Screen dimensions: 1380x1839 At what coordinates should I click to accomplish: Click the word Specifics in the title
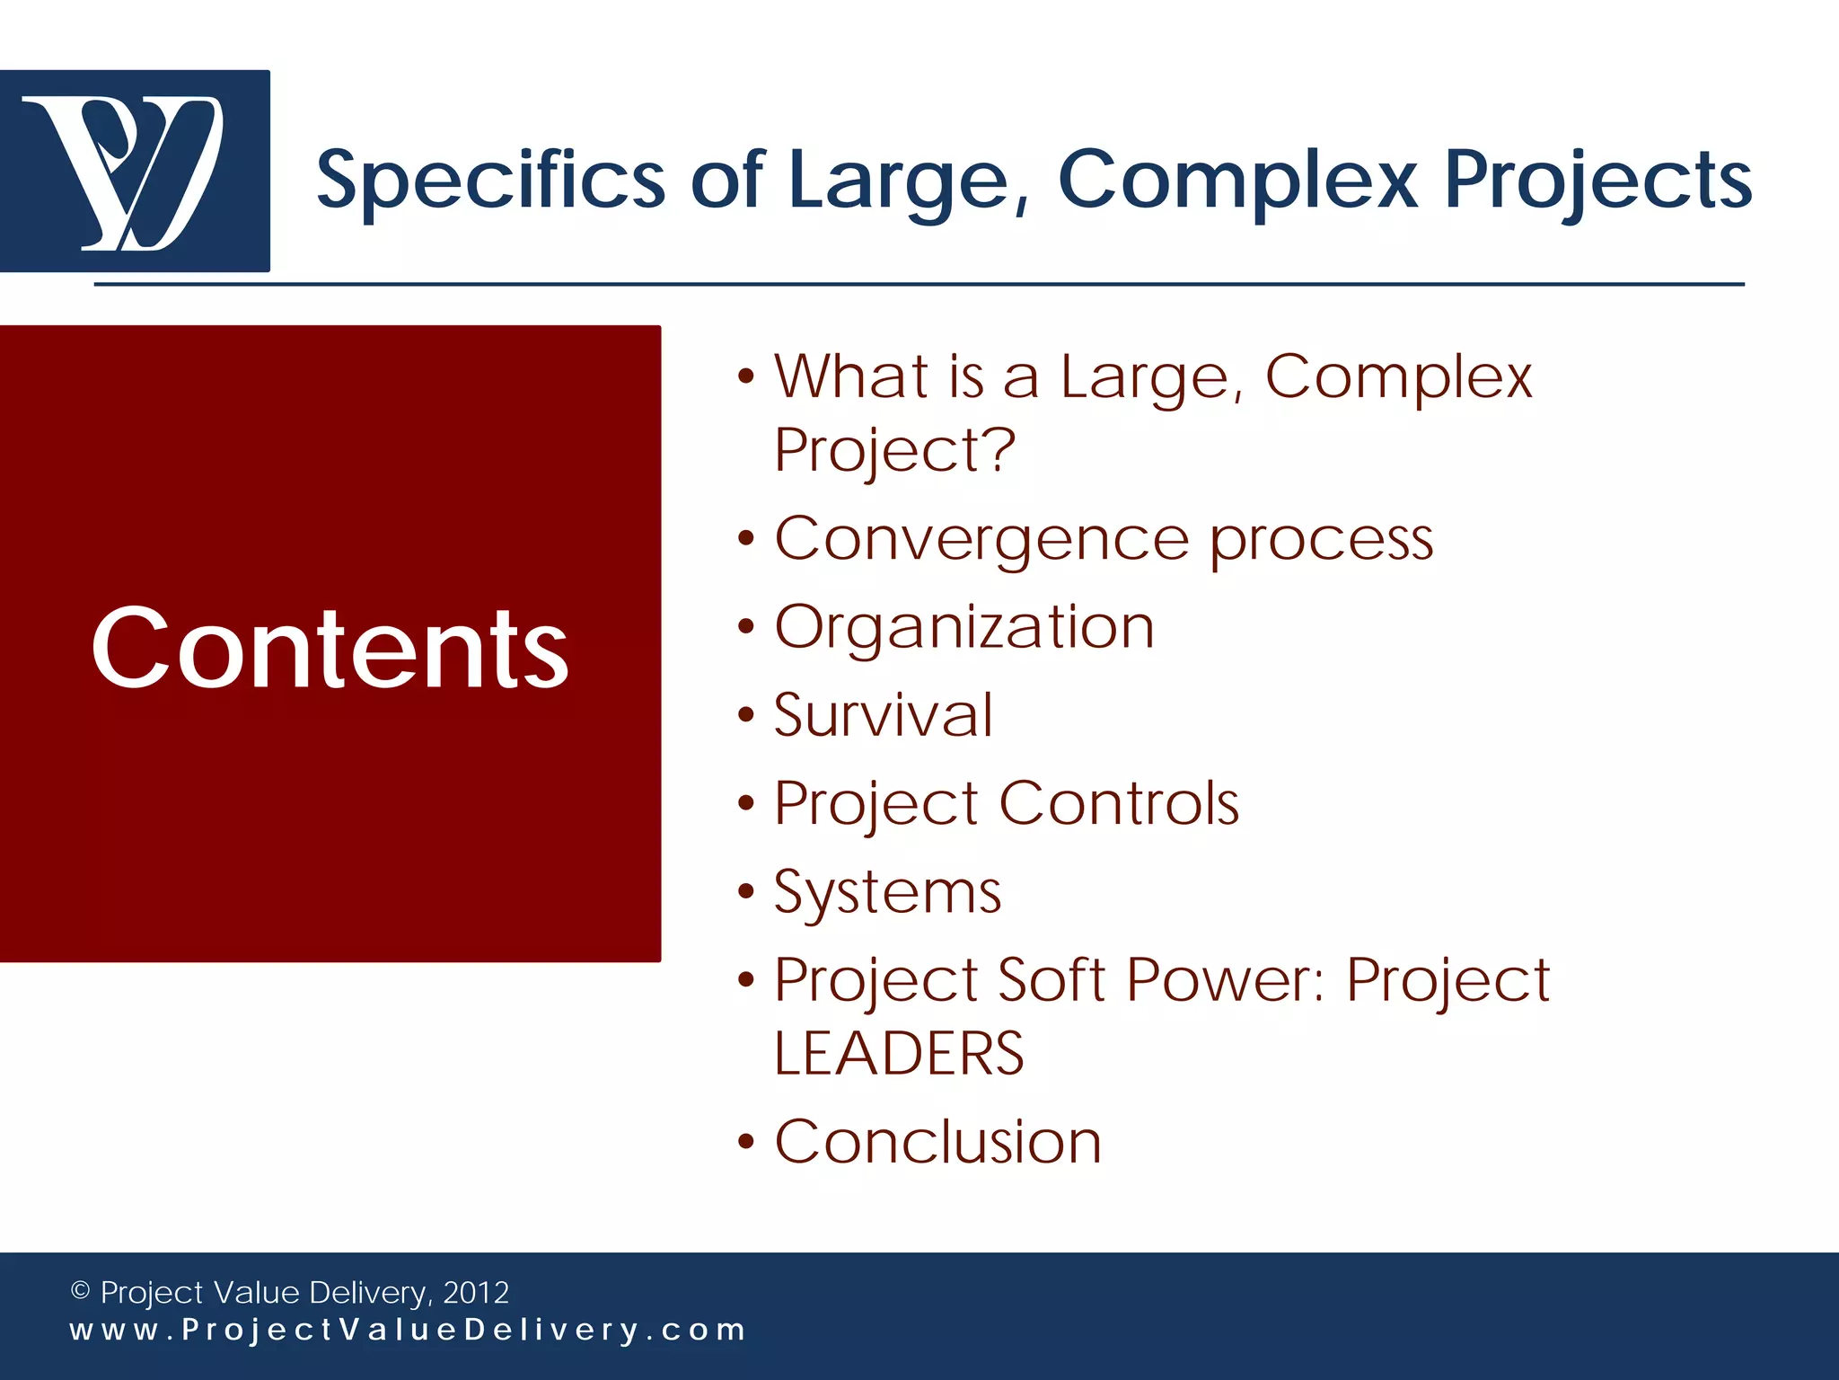pos(489,180)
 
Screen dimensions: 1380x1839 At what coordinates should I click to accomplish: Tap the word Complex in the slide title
pos(1237,180)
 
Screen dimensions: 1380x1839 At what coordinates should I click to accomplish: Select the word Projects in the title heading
pos(1597,180)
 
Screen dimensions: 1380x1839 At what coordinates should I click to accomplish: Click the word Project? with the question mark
pos(894,448)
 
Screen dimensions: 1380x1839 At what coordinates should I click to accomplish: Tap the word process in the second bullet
pos(1321,539)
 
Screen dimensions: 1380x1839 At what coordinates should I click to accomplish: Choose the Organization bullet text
pos(964,627)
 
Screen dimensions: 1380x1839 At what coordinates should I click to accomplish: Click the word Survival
pos(884,715)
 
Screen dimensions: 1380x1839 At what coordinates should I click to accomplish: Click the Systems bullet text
pos(887,892)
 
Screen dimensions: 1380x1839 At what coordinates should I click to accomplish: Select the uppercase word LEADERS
pos(899,1053)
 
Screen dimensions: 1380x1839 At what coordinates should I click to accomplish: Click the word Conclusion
pos(937,1142)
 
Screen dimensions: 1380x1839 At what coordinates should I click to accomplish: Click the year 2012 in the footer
pos(476,1292)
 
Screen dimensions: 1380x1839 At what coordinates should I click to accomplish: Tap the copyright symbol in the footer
pos(80,1291)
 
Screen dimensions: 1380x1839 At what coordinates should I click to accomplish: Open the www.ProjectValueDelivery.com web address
pos(408,1330)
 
